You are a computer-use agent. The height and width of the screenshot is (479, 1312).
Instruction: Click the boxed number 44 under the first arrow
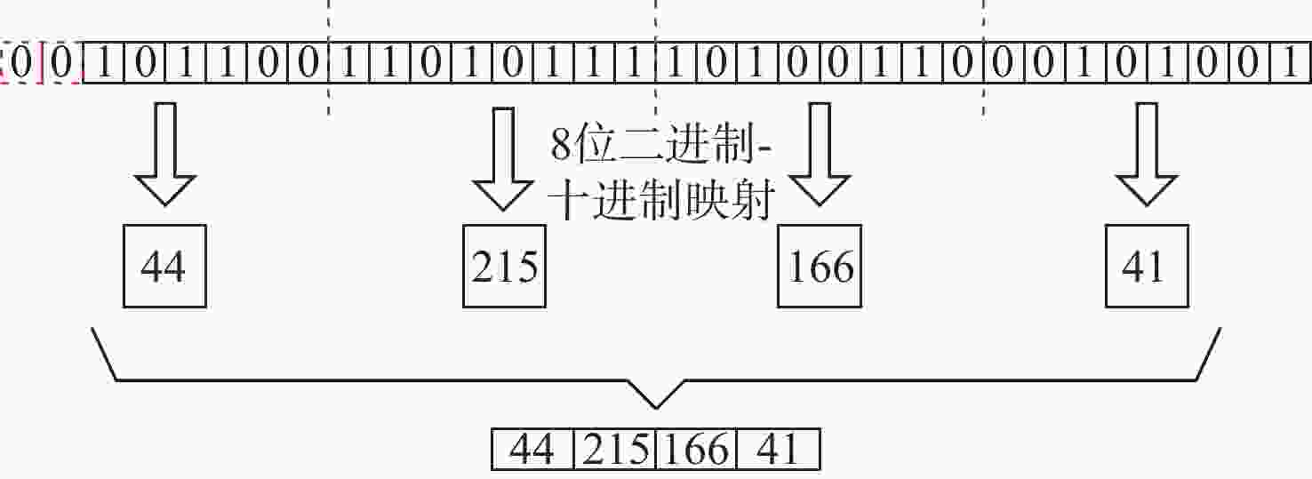pyautogui.click(x=164, y=266)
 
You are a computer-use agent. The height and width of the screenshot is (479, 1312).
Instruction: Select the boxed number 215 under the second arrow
pyautogui.click(x=504, y=266)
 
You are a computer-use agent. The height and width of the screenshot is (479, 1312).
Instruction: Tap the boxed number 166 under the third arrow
pyautogui.click(x=820, y=266)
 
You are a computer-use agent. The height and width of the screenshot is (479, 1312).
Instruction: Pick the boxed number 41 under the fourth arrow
pyautogui.click(x=1147, y=266)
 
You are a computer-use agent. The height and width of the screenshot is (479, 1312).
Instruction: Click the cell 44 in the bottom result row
pyautogui.click(x=532, y=449)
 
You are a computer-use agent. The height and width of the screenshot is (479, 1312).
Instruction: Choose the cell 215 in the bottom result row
pyautogui.click(x=615, y=449)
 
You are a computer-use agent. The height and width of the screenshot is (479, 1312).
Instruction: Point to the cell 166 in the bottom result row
pyautogui.click(x=696, y=449)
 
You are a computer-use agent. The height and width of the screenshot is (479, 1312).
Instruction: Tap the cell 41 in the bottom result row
pyautogui.click(x=779, y=449)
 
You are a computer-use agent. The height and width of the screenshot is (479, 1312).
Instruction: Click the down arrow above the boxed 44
pyautogui.click(x=164, y=155)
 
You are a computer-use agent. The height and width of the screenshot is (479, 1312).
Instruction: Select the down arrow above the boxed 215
pyautogui.click(x=503, y=159)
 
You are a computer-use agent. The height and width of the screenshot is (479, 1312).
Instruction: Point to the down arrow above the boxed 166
pyautogui.click(x=820, y=155)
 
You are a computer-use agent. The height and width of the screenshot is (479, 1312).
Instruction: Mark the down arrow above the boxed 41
pyautogui.click(x=1147, y=155)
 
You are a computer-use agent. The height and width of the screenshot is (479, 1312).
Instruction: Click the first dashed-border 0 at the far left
pyautogui.click(x=20, y=62)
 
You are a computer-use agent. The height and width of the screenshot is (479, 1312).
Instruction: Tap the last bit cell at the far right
pyautogui.click(x=1291, y=62)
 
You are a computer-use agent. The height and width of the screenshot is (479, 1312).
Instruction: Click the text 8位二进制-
pyautogui.click(x=661, y=145)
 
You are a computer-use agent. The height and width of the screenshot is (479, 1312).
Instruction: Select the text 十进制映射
pyautogui.click(x=661, y=200)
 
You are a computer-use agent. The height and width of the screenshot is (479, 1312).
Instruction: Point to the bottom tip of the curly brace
pyautogui.click(x=656, y=408)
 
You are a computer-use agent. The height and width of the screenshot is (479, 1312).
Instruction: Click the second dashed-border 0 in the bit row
pyautogui.click(x=62, y=62)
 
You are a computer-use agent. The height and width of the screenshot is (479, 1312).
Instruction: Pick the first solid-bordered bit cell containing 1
pyautogui.click(x=104, y=62)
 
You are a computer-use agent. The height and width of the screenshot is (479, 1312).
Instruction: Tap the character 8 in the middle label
pyautogui.click(x=561, y=145)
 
